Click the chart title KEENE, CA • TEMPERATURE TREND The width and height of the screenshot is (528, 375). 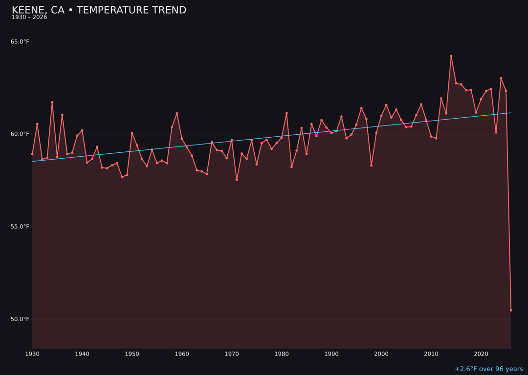coord(99,10)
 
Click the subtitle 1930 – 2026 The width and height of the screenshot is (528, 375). coord(29,18)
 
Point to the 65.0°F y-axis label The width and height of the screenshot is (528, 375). coord(20,42)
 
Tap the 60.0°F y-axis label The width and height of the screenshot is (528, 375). coord(20,134)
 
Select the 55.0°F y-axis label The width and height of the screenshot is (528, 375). coord(20,227)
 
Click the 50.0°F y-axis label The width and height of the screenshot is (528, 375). coord(20,319)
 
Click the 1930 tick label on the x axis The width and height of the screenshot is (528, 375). coord(32,354)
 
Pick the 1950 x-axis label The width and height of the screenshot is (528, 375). coord(132,354)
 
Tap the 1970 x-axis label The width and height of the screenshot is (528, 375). coord(232,354)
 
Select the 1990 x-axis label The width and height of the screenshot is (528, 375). coord(331,354)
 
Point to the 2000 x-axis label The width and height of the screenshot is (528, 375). coord(381,354)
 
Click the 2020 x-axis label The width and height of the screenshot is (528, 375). coord(481,354)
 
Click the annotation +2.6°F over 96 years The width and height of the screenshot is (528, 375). coord(488,369)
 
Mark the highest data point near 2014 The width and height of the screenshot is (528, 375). coord(451,56)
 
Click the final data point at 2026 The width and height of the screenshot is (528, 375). coord(511,310)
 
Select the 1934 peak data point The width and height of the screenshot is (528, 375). coord(52,103)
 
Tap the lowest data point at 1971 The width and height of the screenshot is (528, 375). coord(237,180)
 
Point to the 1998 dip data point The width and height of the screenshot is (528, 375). coord(371,166)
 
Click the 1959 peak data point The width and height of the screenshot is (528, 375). coord(177,113)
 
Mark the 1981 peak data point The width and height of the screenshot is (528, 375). coord(286,113)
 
